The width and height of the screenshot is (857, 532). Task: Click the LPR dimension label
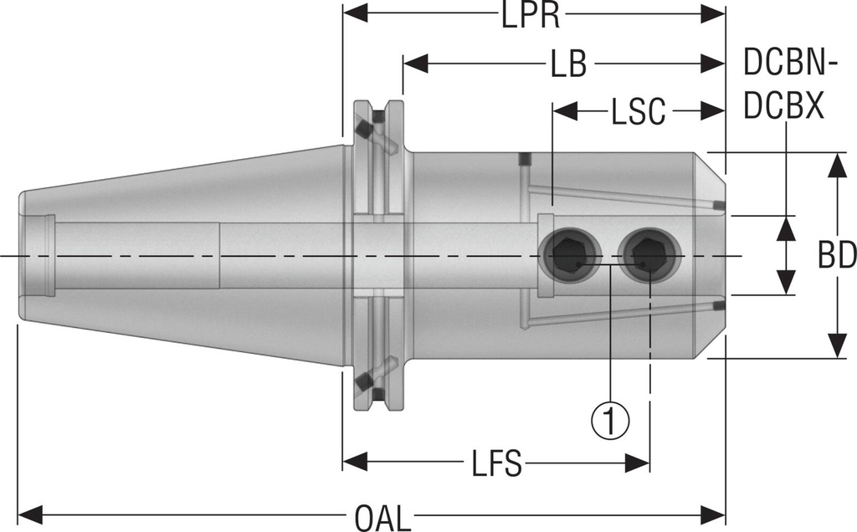(x=531, y=15)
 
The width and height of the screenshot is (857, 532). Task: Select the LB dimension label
(x=568, y=65)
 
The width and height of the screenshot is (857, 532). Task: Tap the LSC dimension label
(x=638, y=110)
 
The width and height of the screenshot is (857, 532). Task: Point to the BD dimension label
(x=837, y=256)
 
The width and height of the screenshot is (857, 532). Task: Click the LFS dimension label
(x=495, y=462)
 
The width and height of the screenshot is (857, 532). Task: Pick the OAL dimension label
(x=383, y=519)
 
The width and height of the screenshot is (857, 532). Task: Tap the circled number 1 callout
(x=610, y=416)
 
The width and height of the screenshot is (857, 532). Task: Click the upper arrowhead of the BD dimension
(x=835, y=166)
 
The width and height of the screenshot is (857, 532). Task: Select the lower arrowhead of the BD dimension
(x=835, y=345)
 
